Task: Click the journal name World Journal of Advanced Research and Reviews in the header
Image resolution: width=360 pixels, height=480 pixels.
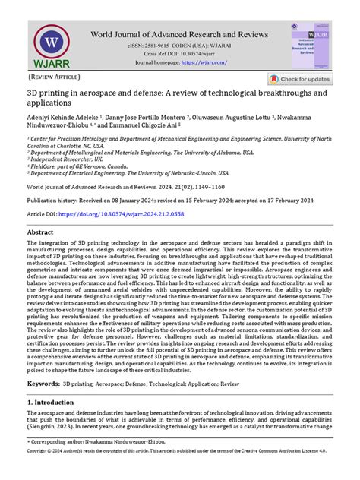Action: point(179,34)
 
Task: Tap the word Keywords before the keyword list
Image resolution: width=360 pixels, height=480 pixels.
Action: point(43,384)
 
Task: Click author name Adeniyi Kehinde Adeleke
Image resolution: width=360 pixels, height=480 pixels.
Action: point(65,119)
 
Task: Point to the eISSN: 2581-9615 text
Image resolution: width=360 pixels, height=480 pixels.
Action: point(141,46)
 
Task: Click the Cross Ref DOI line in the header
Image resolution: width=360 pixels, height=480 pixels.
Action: point(179,55)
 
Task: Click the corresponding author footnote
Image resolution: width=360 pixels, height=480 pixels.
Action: point(94,461)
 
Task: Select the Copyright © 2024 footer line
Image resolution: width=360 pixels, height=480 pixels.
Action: point(179,472)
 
